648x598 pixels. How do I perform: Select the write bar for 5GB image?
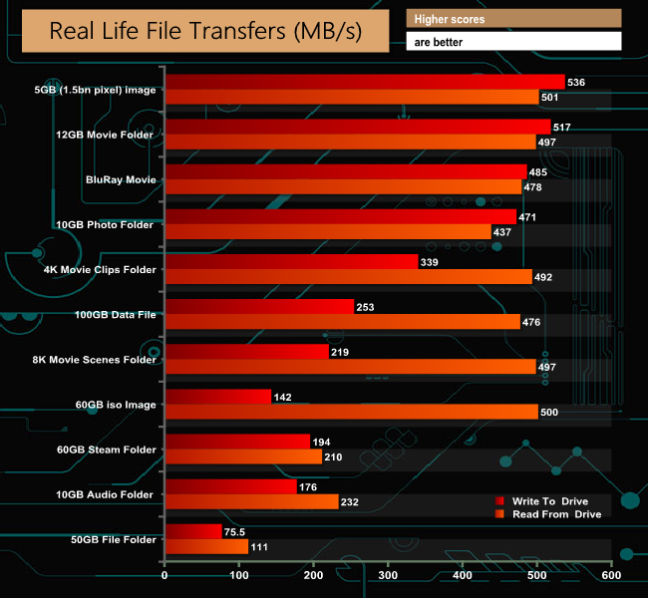[x=365, y=82]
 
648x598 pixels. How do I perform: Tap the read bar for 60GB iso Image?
[x=351, y=412]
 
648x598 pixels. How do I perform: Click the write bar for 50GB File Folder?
[x=193, y=531]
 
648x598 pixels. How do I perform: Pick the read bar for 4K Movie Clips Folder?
[x=348, y=277]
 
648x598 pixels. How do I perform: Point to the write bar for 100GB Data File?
[x=259, y=307]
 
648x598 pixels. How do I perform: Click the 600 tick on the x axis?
[x=611, y=576]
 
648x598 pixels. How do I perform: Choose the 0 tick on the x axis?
[x=164, y=576]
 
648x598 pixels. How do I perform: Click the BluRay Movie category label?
[x=121, y=179]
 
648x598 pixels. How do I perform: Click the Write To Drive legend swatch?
[x=499, y=499]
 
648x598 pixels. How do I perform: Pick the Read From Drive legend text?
[x=556, y=514]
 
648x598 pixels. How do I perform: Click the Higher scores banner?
[x=513, y=19]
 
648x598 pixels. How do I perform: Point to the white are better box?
[x=513, y=42]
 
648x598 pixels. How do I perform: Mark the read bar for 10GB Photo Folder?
[x=328, y=232]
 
